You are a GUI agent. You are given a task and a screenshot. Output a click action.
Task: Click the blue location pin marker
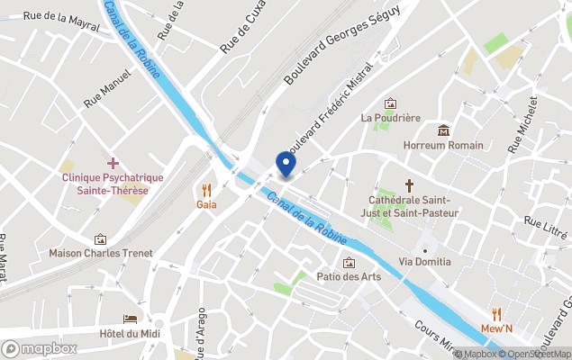tap(286, 163)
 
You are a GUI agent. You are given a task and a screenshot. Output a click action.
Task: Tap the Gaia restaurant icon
tap(206, 189)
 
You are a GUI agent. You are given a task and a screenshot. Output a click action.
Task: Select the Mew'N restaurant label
tap(495, 328)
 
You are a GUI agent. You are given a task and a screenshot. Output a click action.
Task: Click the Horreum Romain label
tap(443, 145)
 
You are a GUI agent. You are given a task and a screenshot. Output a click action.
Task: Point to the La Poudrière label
tap(390, 118)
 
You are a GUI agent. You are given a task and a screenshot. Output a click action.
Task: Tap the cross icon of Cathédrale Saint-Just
tap(409, 183)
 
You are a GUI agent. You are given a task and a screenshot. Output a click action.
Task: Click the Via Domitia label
tap(425, 262)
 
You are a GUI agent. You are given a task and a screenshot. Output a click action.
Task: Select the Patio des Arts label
tap(349, 276)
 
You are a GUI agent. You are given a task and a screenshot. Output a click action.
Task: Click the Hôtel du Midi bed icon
tap(131, 320)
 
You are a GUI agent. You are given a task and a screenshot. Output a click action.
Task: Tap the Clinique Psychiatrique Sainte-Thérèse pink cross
tap(113, 163)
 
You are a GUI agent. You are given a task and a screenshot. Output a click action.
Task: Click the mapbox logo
tap(40, 348)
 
